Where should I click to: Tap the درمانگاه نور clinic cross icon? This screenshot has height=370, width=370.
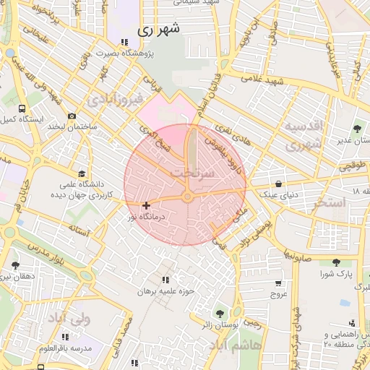click(147, 206)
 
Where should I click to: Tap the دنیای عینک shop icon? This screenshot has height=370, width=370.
click(279, 184)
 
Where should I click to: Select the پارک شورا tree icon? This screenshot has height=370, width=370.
click(335, 263)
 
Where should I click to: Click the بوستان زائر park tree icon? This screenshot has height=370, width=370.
click(220, 314)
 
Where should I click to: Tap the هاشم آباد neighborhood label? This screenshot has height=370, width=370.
click(236, 346)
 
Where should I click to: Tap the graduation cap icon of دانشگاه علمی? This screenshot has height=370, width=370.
click(82, 174)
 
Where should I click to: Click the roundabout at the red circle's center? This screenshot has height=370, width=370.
click(186, 197)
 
